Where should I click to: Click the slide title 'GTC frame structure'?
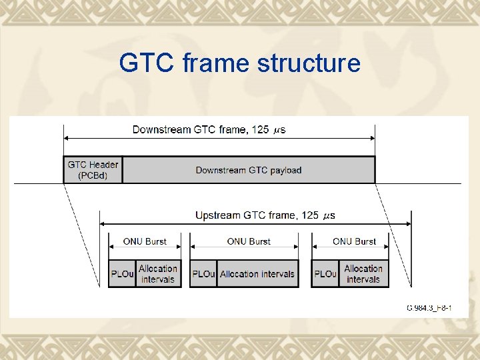coord(239,63)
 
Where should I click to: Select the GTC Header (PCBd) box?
coord(93,170)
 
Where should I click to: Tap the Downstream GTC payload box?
coord(249,170)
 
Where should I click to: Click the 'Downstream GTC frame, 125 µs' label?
coord(209,129)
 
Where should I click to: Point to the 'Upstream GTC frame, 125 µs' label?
coord(265,215)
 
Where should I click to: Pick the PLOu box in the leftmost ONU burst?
coord(122,274)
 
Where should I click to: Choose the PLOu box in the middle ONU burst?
coord(203,274)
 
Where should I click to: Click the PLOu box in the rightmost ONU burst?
coord(325,274)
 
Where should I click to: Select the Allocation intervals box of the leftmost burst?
coord(158,274)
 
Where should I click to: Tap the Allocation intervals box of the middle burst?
coord(257,274)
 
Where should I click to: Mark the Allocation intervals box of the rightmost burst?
coord(363,274)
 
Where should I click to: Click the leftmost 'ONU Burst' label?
coord(145,241)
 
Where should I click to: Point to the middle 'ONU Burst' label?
coord(249,241)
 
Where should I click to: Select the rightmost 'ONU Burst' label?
coord(354,241)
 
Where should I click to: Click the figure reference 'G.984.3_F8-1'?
coord(429,308)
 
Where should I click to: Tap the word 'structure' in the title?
coord(311,63)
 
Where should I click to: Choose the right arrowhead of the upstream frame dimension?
coord(408,224)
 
